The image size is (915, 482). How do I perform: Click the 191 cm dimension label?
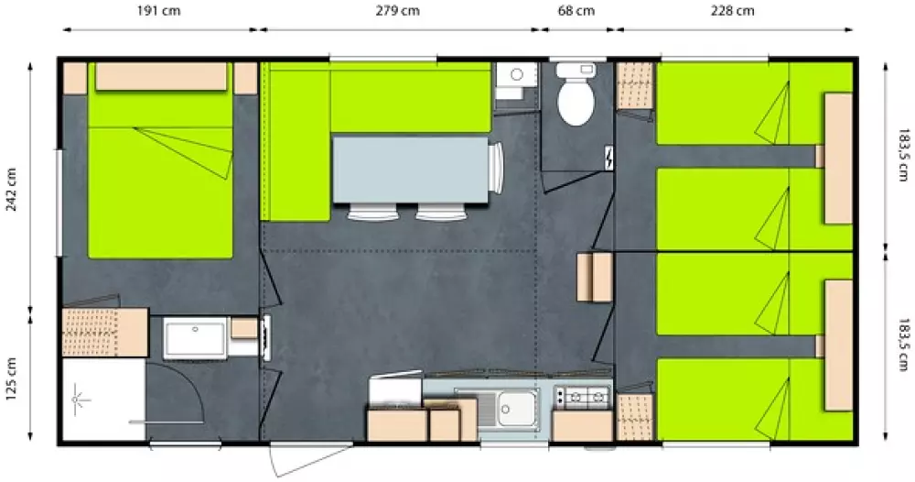click(x=158, y=11)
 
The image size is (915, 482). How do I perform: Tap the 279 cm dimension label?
click(x=397, y=11)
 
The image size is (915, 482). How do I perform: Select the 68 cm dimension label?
click(x=576, y=11)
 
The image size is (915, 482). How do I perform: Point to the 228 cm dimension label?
click(x=732, y=11)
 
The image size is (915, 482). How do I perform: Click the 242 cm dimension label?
click(x=11, y=190)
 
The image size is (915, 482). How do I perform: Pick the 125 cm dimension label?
click(x=11, y=379)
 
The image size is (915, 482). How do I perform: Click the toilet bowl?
click(x=576, y=102)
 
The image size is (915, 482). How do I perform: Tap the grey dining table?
click(x=410, y=170)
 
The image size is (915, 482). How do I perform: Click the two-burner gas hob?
click(x=581, y=398)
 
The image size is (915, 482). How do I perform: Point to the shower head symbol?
click(x=80, y=400)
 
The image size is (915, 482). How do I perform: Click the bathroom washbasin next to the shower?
click(x=194, y=338)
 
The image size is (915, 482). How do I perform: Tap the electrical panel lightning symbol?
click(x=608, y=158)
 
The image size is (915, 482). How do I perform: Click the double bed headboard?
click(x=161, y=77)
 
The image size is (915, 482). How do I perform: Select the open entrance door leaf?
click(x=313, y=458)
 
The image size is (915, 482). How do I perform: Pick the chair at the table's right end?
click(x=495, y=168)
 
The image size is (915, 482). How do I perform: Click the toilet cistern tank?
click(x=576, y=71)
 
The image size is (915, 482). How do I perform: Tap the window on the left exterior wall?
click(x=59, y=203)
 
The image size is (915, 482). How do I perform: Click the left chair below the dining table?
click(x=373, y=212)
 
